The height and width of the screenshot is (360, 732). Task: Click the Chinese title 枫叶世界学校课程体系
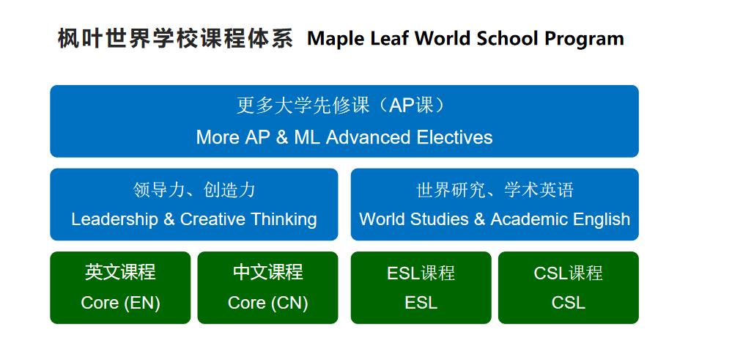(175, 38)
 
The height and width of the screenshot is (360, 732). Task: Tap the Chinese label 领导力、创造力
(194, 190)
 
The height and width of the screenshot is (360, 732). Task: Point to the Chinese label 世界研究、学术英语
(495, 190)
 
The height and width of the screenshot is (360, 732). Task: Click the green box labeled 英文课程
(120, 287)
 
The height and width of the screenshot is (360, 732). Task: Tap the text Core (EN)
(120, 303)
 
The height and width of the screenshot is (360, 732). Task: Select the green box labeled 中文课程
(267, 287)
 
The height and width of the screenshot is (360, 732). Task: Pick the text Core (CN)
(267, 303)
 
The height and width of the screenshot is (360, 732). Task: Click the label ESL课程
(421, 273)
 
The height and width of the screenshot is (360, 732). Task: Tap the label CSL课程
(568, 273)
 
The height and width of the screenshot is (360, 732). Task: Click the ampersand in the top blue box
(282, 137)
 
